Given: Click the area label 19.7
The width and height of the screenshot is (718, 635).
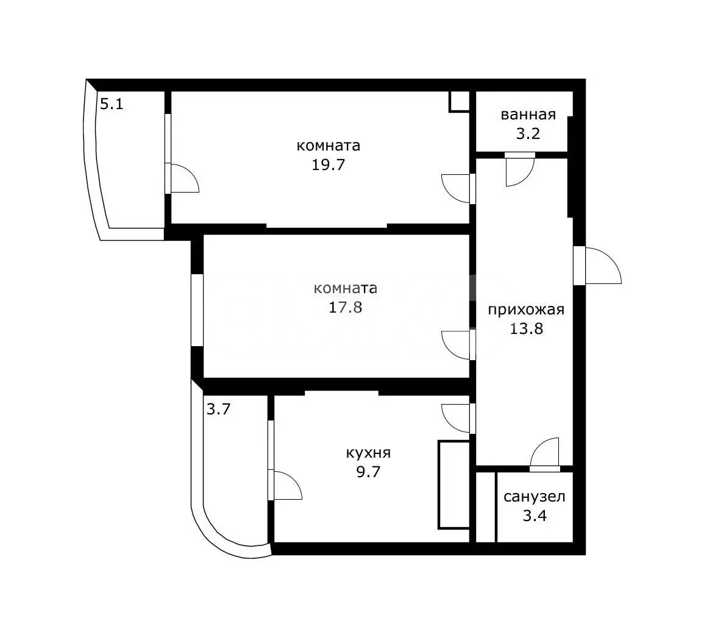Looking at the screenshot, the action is (328, 165).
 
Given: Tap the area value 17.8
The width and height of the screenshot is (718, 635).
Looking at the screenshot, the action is (345, 307).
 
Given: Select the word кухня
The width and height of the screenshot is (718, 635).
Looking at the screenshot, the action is (368, 453).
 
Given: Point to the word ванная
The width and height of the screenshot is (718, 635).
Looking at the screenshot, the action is (528, 115).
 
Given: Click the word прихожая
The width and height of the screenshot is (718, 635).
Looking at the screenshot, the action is (525, 310).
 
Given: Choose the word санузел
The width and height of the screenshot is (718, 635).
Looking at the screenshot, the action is (535, 497).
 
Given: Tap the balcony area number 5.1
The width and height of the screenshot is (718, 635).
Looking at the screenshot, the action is (112, 104).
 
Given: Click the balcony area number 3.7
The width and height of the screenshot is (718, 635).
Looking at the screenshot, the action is (218, 409).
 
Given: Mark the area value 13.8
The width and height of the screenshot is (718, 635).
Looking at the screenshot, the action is (526, 328).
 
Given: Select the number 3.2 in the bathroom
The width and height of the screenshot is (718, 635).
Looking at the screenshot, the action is (528, 133).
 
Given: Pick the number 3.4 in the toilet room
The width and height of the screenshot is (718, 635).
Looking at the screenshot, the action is (535, 516).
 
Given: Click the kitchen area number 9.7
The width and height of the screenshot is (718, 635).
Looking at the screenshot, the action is (368, 472).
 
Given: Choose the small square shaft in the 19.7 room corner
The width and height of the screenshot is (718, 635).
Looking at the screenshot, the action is (460, 102).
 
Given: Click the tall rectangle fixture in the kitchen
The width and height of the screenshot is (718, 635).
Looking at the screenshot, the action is (454, 484).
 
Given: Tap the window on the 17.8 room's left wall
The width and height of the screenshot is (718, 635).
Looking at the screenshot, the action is (197, 310).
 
